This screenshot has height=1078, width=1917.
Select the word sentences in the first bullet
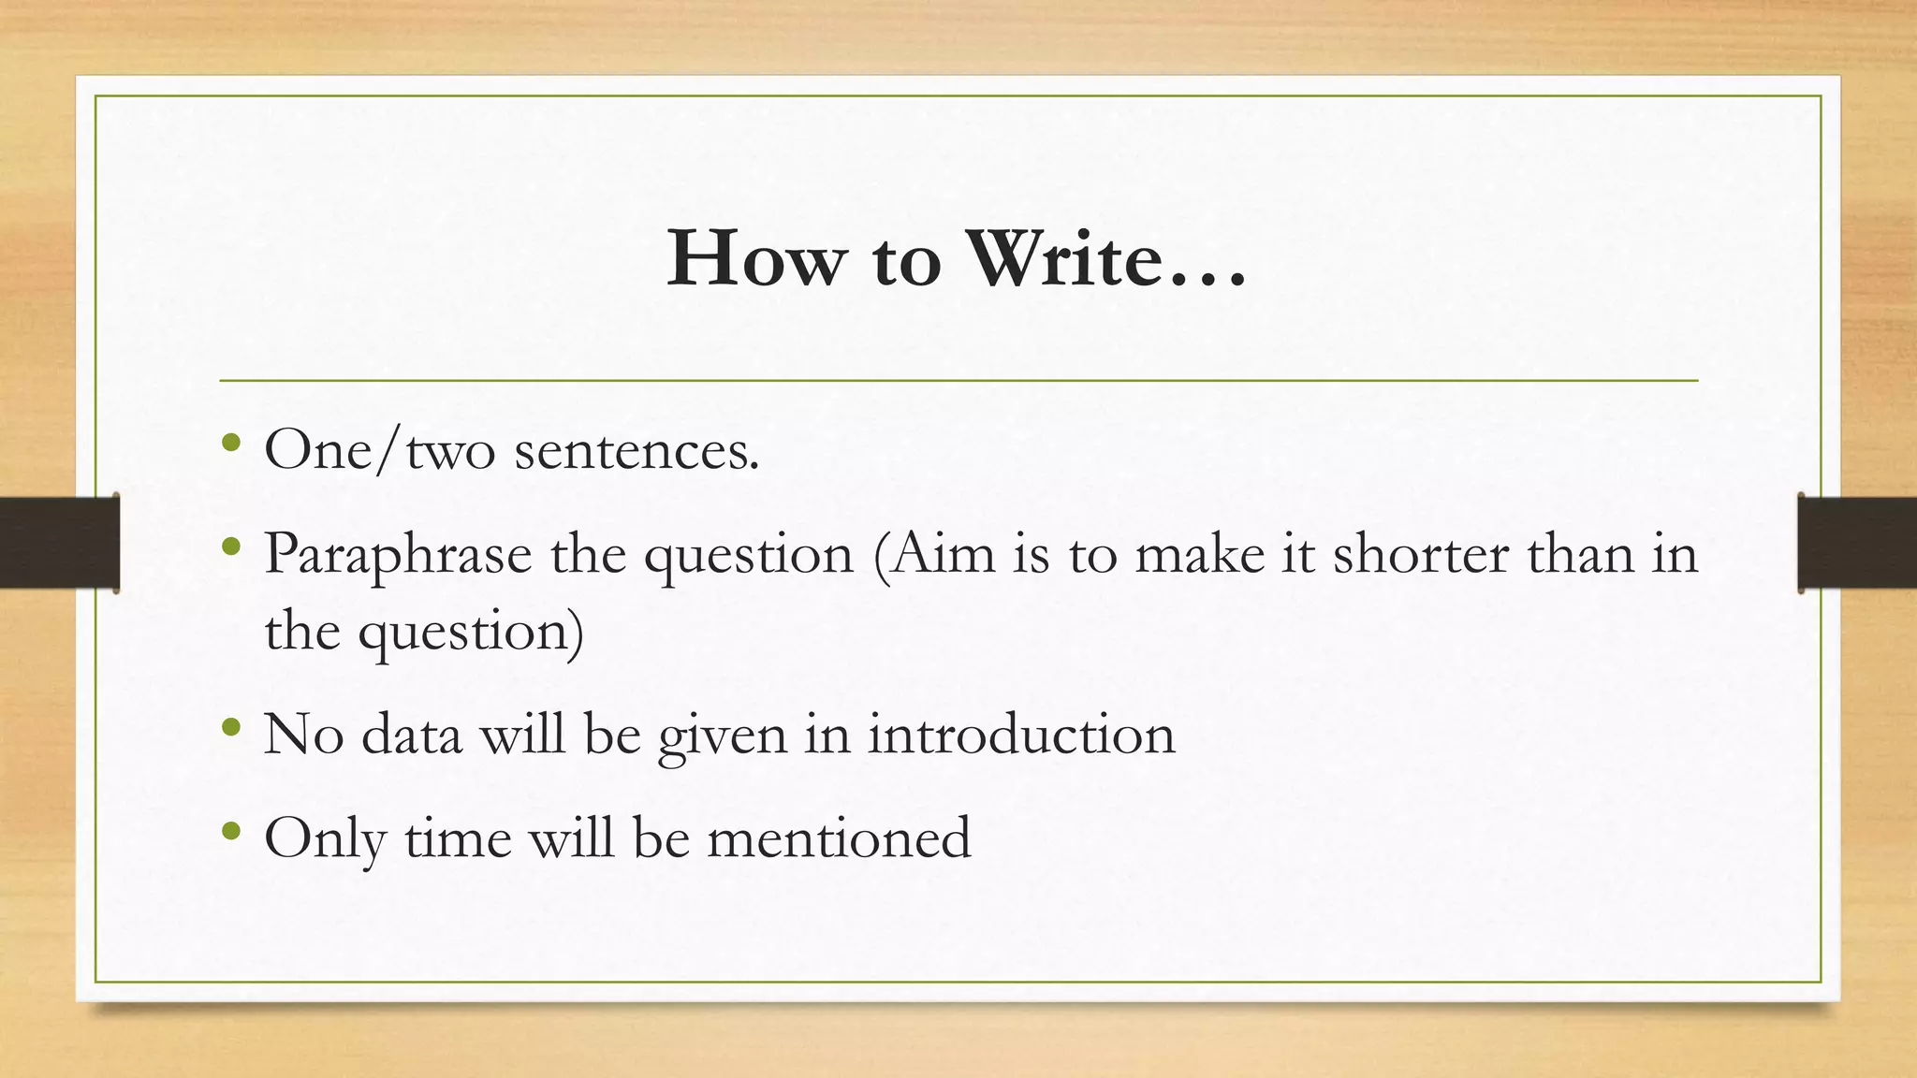pyautogui.click(x=637, y=451)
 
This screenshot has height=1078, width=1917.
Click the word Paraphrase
pyautogui.click(x=398, y=554)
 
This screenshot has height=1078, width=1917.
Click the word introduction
pyautogui.click(x=1021, y=734)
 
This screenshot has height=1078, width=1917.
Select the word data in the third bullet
pyautogui.click(x=412, y=734)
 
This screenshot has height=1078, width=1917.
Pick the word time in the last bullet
pyautogui.click(x=458, y=837)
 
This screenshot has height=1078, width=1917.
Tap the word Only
pyautogui.click(x=325, y=838)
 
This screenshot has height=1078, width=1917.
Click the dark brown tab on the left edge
pyautogui.click(x=58, y=543)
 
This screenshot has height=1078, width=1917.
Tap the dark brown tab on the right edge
pyautogui.click(x=1857, y=543)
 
